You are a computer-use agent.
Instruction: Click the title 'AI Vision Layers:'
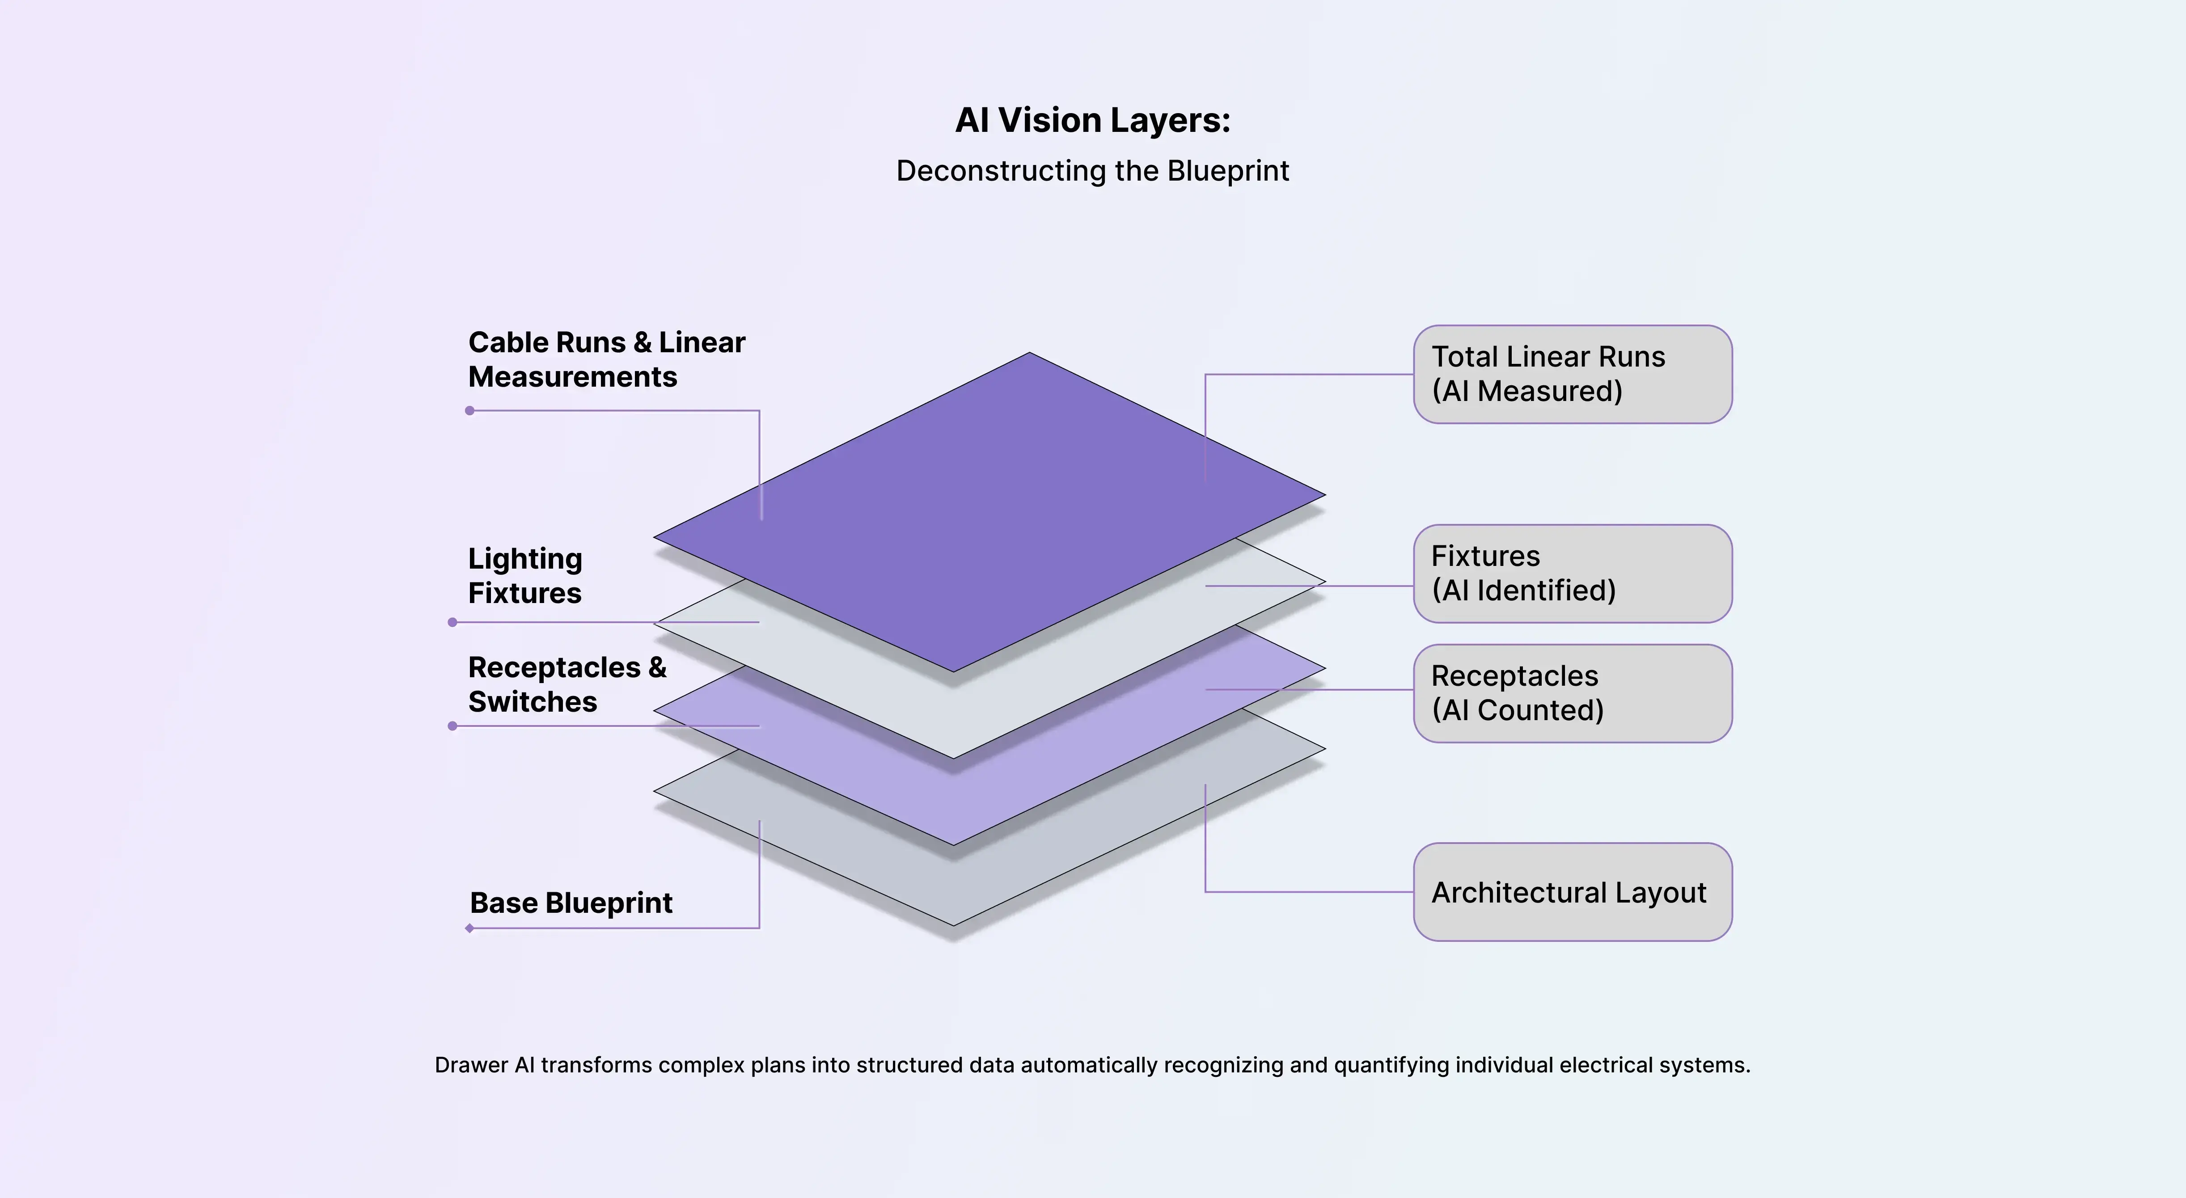click(x=1092, y=121)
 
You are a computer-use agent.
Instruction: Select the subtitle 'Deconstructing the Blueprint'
click(x=1092, y=171)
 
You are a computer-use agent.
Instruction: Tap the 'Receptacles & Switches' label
click(x=567, y=685)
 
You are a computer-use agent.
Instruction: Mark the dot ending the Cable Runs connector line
click(x=470, y=411)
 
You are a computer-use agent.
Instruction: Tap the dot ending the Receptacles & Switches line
click(x=452, y=726)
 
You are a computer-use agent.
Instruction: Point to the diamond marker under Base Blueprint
click(x=469, y=928)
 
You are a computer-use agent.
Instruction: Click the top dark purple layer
click(x=989, y=509)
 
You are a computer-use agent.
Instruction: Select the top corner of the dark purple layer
click(x=1029, y=354)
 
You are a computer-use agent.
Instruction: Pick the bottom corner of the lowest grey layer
click(x=954, y=924)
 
